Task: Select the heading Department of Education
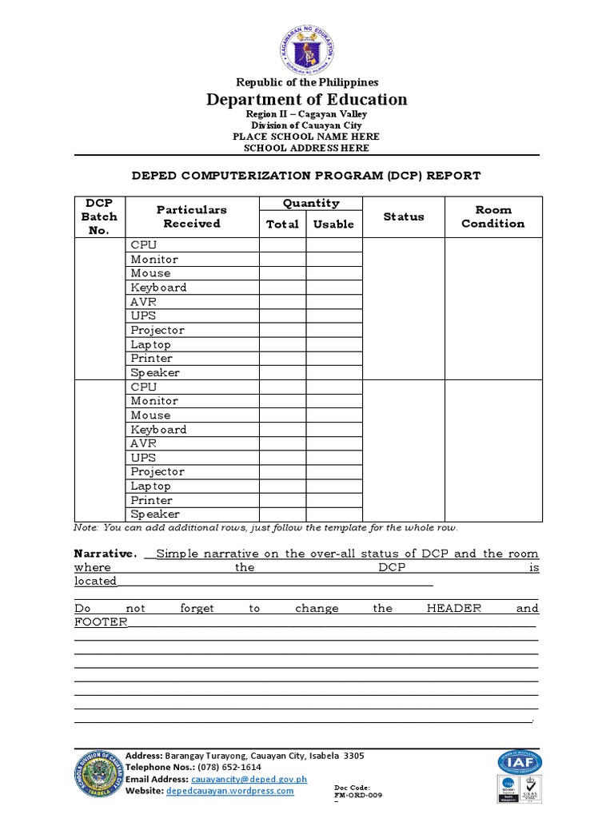[x=307, y=100]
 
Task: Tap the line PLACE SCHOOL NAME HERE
[x=307, y=137]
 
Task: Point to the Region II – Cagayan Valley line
[x=307, y=114]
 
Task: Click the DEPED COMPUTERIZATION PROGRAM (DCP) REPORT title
[x=306, y=176]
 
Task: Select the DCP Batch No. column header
[x=100, y=216]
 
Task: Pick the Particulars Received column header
[x=192, y=216]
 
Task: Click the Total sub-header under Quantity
[x=282, y=224]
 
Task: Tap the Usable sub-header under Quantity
[x=333, y=224]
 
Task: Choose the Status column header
[x=404, y=216]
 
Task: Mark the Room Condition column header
[x=493, y=216]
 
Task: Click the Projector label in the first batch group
[x=157, y=330]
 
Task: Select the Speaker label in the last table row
[x=155, y=514]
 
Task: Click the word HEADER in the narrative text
[x=454, y=608]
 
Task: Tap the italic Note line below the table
[x=266, y=528]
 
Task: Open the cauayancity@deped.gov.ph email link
[x=248, y=779]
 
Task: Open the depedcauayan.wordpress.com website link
[x=229, y=791]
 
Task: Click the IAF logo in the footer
[x=517, y=763]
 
